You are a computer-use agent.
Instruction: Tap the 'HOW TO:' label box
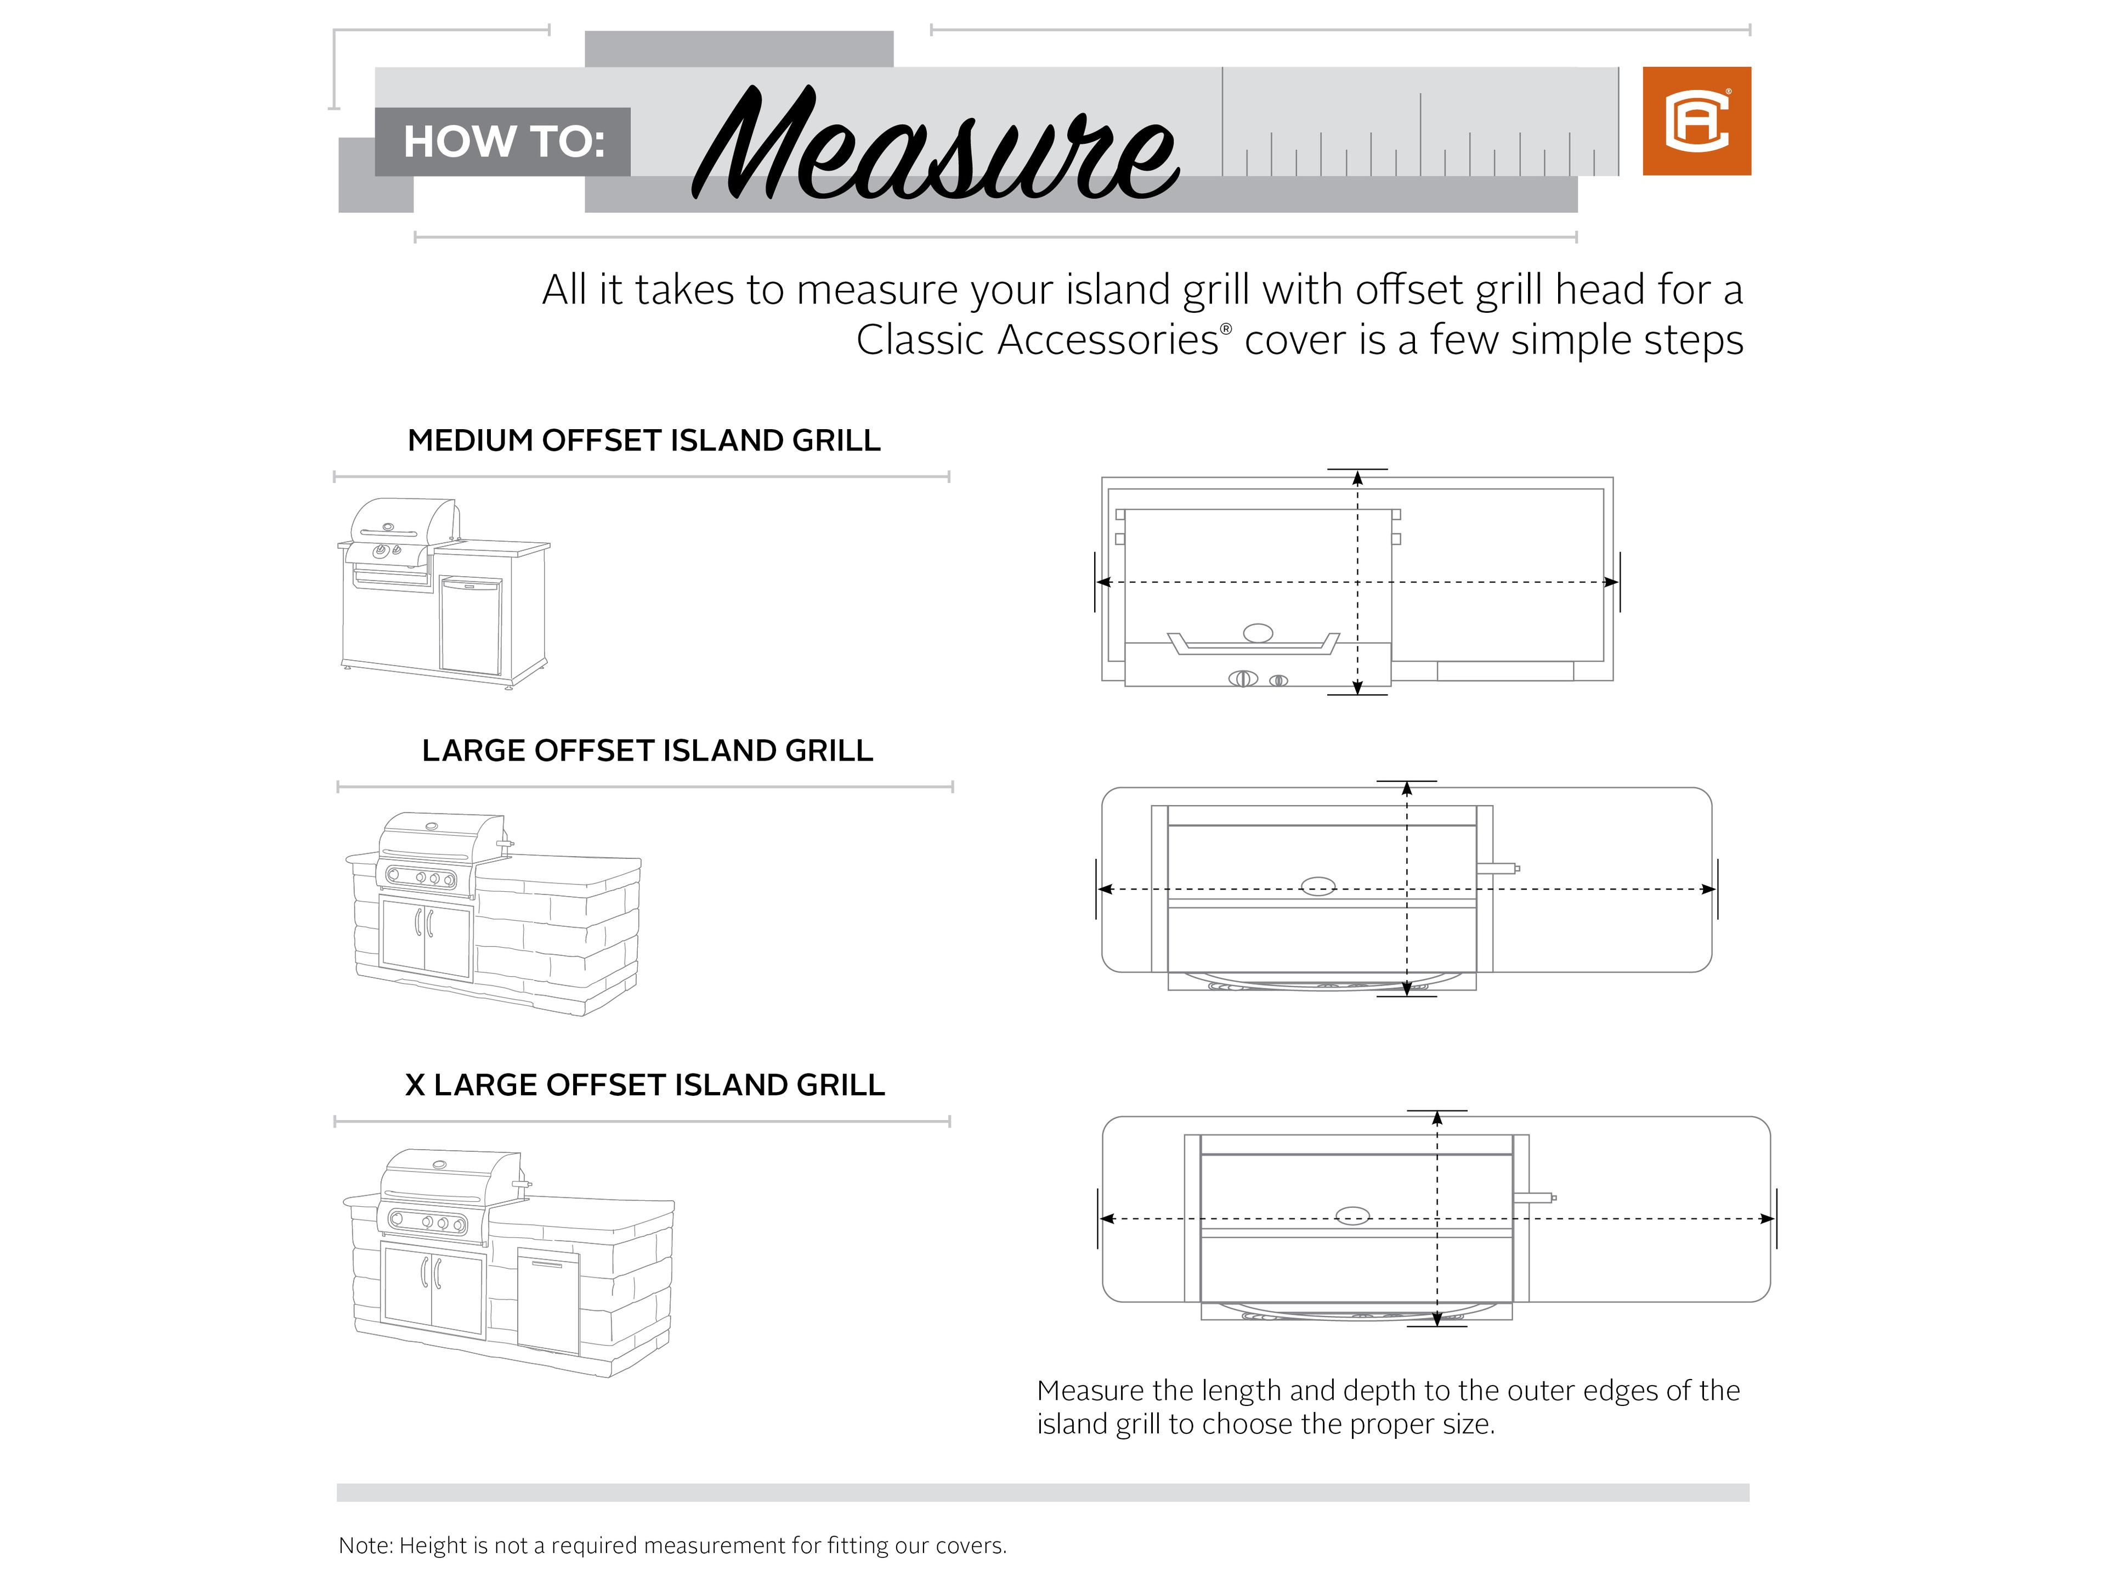click(503, 142)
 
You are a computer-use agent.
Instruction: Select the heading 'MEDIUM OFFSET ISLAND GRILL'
click(644, 441)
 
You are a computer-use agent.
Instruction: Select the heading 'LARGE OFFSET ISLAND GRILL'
click(647, 751)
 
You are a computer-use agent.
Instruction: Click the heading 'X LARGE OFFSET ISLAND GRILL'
click(644, 1085)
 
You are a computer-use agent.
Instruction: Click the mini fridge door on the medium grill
click(471, 625)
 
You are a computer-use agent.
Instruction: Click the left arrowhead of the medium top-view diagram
click(1105, 582)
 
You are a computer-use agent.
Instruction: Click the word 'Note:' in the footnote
click(366, 1546)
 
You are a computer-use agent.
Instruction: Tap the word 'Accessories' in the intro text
click(1107, 340)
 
